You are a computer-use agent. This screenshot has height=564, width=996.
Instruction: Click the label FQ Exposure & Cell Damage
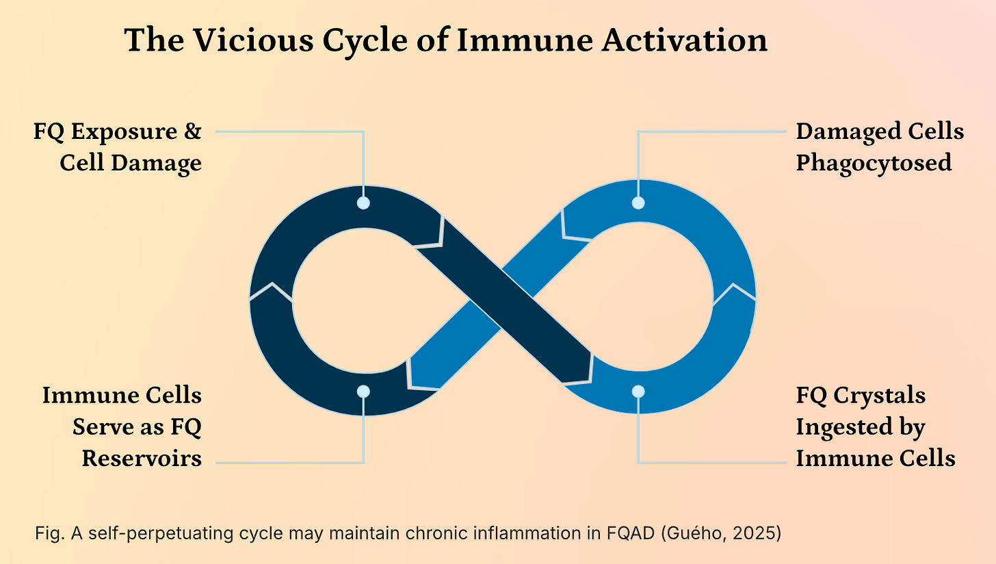point(118,147)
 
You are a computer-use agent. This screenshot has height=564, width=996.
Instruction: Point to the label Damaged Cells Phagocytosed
point(879,147)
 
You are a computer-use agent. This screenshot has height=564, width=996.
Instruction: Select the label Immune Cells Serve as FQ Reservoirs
point(122,426)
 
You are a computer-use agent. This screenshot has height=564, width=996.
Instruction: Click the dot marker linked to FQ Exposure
point(363,203)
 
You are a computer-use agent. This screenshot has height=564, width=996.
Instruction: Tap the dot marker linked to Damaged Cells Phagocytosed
point(638,203)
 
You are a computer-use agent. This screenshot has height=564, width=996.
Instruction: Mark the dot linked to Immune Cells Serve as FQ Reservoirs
point(363,392)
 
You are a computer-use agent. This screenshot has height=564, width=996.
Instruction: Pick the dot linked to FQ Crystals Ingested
point(638,392)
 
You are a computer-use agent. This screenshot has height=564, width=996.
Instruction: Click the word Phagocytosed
point(874,164)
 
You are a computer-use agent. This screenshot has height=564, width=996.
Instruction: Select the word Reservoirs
point(142,458)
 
